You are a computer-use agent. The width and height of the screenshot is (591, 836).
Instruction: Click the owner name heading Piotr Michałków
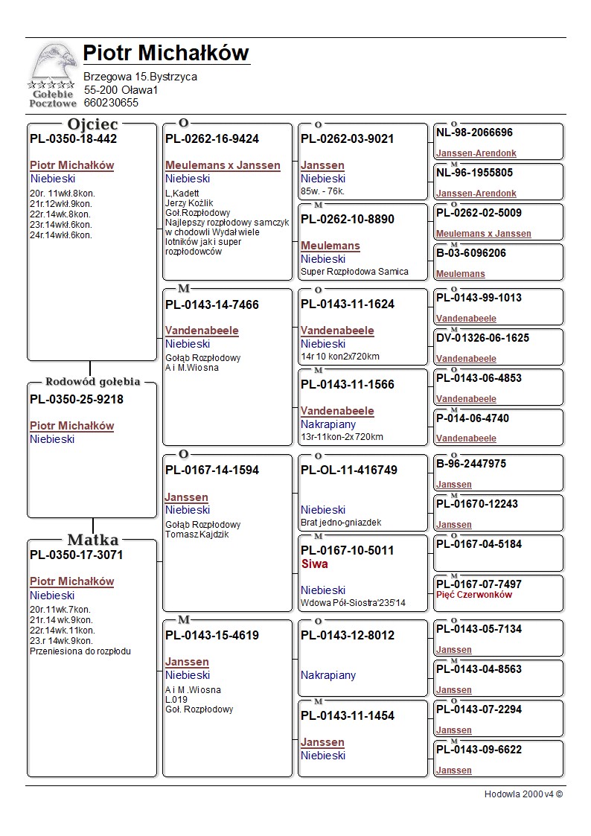click(165, 54)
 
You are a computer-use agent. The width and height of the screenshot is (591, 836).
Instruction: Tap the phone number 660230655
click(111, 103)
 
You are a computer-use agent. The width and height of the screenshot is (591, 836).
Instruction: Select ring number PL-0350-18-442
click(73, 138)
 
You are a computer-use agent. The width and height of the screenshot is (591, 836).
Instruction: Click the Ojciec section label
click(92, 124)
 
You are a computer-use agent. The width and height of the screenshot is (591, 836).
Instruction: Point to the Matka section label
click(92, 540)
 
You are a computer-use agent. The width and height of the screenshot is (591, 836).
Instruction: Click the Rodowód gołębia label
click(92, 382)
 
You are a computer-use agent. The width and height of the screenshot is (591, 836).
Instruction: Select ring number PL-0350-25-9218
click(77, 399)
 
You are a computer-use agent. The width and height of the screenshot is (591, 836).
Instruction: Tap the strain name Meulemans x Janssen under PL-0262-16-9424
click(223, 165)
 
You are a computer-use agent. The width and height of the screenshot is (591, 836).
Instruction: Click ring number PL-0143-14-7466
click(212, 304)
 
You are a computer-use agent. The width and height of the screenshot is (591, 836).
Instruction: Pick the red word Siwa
click(315, 564)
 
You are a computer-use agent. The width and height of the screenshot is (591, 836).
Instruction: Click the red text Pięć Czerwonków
click(474, 595)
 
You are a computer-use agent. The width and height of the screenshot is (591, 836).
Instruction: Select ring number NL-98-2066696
click(474, 133)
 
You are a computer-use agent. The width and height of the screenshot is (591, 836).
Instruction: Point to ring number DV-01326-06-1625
click(482, 338)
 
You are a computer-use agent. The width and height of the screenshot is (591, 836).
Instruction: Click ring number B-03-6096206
click(471, 253)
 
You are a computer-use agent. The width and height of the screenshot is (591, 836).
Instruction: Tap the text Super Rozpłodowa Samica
click(354, 272)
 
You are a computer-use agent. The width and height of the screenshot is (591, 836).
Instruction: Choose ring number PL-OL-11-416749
click(349, 470)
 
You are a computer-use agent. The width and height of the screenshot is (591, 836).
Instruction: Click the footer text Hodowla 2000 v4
click(523, 794)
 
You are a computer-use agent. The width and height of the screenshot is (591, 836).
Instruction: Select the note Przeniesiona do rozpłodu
click(80, 651)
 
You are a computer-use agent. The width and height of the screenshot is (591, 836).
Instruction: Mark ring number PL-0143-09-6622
click(479, 750)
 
